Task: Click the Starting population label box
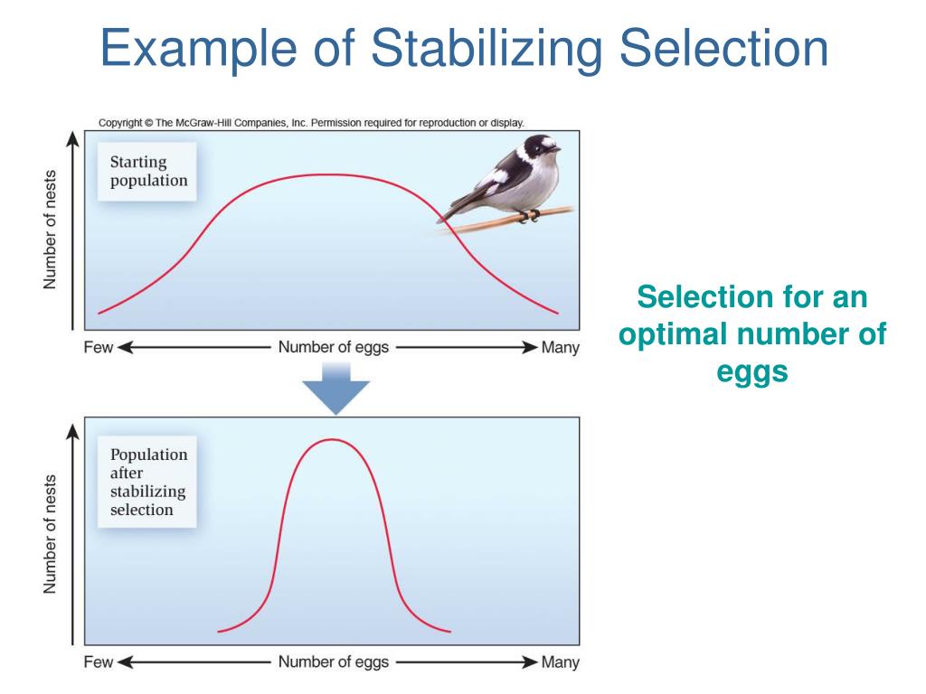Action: pos(148,172)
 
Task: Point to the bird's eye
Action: pos(543,145)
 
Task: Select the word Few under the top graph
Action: pos(98,348)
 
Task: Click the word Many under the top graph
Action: pos(560,348)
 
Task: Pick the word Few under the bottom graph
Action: pos(98,662)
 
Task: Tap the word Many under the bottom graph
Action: pos(560,662)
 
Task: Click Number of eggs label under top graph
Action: pos(334,348)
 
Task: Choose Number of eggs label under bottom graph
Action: pos(334,662)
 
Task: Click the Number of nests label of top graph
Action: pos(52,230)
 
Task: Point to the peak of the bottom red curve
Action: pos(332,440)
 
